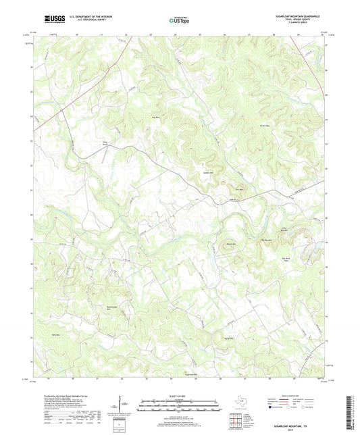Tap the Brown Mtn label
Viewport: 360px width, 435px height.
[274, 126]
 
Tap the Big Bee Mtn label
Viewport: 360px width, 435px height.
[267, 240]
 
